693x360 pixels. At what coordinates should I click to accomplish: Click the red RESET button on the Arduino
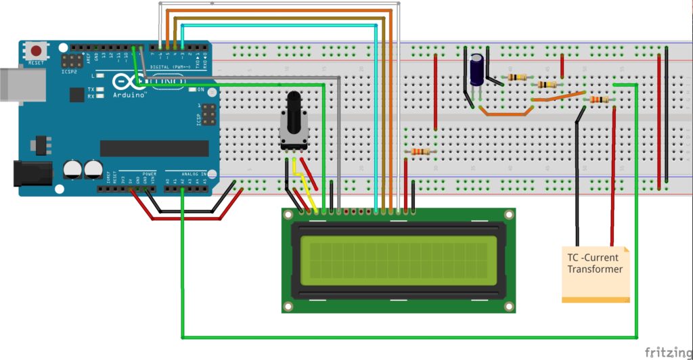tap(36, 51)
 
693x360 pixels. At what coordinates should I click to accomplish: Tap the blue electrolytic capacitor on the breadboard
tap(478, 70)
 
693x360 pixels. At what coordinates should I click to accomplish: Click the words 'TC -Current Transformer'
tap(595, 263)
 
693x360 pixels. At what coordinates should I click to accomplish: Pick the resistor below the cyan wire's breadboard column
tap(420, 152)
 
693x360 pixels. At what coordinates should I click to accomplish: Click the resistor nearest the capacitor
tap(518, 77)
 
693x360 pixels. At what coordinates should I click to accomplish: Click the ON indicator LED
tap(193, 89)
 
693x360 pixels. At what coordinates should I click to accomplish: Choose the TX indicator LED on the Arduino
tap(99, 90)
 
